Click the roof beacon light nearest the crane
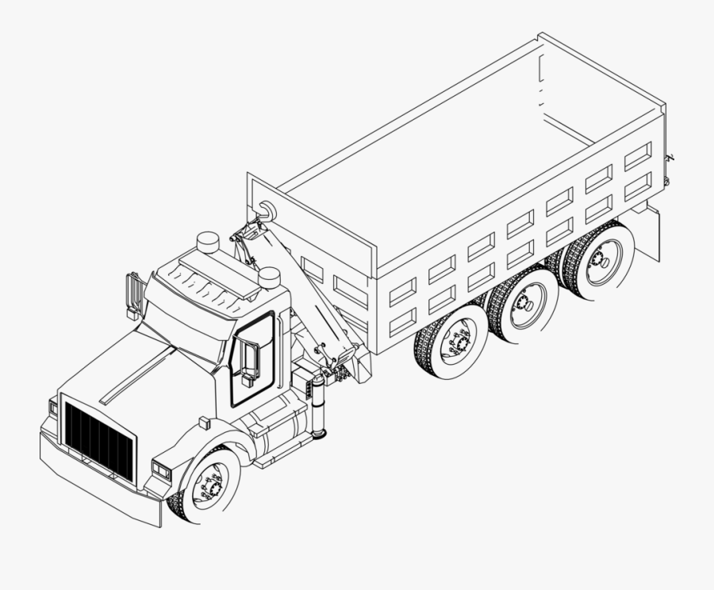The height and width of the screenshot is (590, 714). pyautogui.click(x=269, y=277)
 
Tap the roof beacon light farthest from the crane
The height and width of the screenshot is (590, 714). pyautogui.click(x=208, y=241)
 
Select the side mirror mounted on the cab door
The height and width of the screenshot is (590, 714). pyautogui.click(x=250, y=361)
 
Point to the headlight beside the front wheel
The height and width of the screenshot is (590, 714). pyautogui.click(x=161, y=470)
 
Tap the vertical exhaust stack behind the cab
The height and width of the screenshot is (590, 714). pyautogui.click(x=319, y=406)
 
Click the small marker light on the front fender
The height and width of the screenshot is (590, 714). pyautogui.click(x=205, y=422)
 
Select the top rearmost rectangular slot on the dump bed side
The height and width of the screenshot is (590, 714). pyautogui.click(x=637, y=156)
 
